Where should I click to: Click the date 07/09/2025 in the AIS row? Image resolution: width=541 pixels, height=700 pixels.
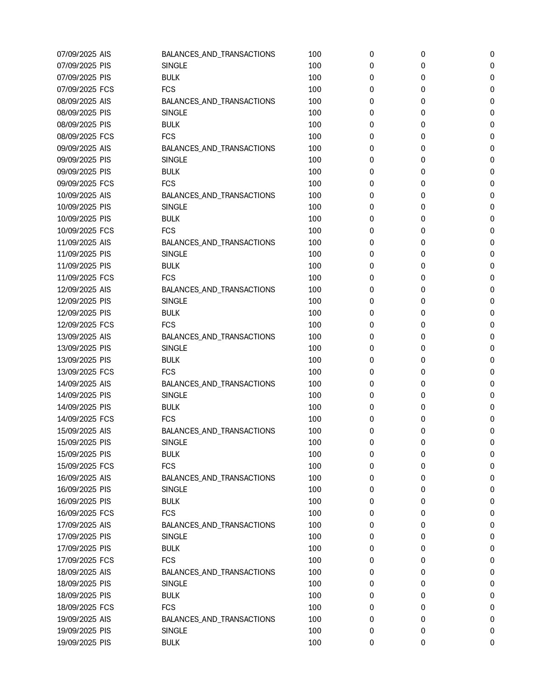pos(77,54)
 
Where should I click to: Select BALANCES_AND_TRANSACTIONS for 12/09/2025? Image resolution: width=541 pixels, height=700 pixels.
pos(218,290)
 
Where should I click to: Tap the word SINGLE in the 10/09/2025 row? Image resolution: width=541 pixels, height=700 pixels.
pos(174,207)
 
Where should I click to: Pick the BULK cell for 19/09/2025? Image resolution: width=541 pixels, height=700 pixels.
pos(171,643)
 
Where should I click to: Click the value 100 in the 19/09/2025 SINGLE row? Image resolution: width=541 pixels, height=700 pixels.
pos(314,631)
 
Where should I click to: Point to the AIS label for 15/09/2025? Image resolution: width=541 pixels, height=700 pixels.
pos(105,431)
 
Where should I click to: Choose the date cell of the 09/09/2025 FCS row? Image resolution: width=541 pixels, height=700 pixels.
pos(77,184)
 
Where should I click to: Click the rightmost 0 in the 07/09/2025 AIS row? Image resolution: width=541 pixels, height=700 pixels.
pos(492,54)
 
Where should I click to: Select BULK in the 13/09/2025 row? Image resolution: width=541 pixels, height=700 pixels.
pos(171,360)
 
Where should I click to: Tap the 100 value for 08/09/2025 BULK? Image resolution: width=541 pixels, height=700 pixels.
pos(314,125)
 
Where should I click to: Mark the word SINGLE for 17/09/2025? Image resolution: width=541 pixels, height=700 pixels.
pos(174,537)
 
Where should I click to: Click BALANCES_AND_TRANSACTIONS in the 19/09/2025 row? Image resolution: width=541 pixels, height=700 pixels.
pos(218,619)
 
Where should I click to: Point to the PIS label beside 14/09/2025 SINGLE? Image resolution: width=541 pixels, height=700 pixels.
pos(105,395)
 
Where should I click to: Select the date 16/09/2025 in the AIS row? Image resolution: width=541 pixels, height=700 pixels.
pos(77,478)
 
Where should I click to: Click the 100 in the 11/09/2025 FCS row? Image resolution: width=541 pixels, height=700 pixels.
pos(314,278)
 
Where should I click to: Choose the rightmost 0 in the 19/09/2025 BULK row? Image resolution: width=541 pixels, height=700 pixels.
pos(492,643)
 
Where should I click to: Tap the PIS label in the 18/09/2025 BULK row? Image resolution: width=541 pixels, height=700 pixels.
pos(105,596)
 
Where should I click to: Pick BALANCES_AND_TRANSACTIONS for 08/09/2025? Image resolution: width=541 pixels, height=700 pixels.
pos(218,101)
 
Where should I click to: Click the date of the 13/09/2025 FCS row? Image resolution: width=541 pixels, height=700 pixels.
pos(77,372)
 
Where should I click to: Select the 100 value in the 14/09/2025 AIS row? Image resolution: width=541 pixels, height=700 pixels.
pos(314,384)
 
